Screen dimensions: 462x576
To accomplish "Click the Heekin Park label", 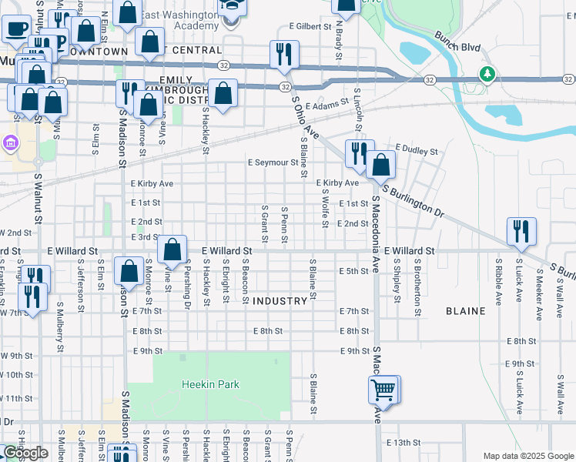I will tap(210, 384).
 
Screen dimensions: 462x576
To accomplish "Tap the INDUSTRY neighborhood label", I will tap(280, 301).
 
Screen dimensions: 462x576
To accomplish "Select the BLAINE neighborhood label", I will tap(465, 311).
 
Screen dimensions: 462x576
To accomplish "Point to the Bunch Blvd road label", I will tap(457, 48).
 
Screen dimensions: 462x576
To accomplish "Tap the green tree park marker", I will tap(487, 75).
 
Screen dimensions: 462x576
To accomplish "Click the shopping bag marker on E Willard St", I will tap(173, 249).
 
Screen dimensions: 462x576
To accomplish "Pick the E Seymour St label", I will tap(273, 162).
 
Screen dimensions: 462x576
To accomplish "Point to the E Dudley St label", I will tap(416, 146).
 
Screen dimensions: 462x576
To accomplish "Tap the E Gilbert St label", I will tap(310, 26).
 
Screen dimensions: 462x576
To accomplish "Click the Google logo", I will tap(26, 453).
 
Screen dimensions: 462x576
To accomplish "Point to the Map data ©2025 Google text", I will tap(527, 456).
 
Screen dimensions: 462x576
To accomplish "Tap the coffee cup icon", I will tap(15, 29).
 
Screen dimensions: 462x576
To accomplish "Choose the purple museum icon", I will tap(9, 143).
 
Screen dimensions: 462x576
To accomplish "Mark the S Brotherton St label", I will tap(417, 287).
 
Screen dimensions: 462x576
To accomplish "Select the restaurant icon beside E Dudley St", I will tap(359, 153).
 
